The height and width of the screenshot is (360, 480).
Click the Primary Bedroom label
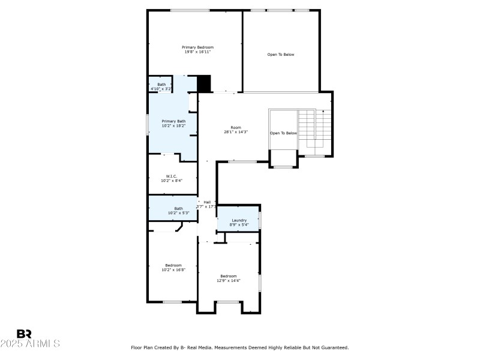(197, 47)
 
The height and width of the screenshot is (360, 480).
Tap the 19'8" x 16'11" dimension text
(197, 52)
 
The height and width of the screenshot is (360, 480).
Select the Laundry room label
(239, 220)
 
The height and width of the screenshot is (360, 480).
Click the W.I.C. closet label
(173, 176)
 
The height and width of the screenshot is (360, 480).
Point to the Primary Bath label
(173, 121)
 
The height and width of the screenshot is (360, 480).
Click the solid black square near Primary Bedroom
(205, 83)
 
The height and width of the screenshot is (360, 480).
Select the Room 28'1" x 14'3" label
(236, 130)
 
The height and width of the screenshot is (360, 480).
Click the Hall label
(207, 202)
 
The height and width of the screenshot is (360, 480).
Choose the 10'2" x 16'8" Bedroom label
(173, 268)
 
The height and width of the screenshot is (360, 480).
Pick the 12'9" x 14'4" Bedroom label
(228, 278)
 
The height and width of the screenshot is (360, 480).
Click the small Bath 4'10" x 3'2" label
(161, 86)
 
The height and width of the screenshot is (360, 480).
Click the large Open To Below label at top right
(281, 55)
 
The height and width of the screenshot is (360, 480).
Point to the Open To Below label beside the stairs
(283, 133)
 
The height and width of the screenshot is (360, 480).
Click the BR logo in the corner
(25, 334)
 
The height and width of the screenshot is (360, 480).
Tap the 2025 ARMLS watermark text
(30, 344)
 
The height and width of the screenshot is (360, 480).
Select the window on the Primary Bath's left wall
(148, 124)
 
